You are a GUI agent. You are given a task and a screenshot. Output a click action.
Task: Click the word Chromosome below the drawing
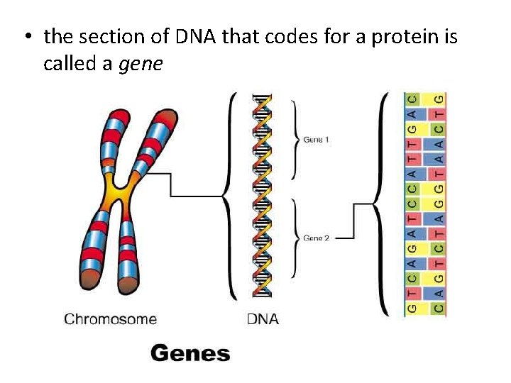pos(110,319)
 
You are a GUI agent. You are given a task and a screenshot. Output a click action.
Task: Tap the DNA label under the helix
pos(263,319)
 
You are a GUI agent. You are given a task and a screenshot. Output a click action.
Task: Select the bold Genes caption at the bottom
pos(190,353)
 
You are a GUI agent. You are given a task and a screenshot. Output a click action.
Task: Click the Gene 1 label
pos(316,140)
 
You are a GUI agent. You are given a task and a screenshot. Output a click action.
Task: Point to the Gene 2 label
pos(316,238)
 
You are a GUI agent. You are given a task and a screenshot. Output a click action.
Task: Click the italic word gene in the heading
pos(141,64)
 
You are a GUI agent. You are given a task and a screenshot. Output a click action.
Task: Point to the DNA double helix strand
pos(263,195)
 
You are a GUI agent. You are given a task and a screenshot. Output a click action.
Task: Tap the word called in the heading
pos(69,64)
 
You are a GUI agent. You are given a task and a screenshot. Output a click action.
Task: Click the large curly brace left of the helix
pos(229,195)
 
